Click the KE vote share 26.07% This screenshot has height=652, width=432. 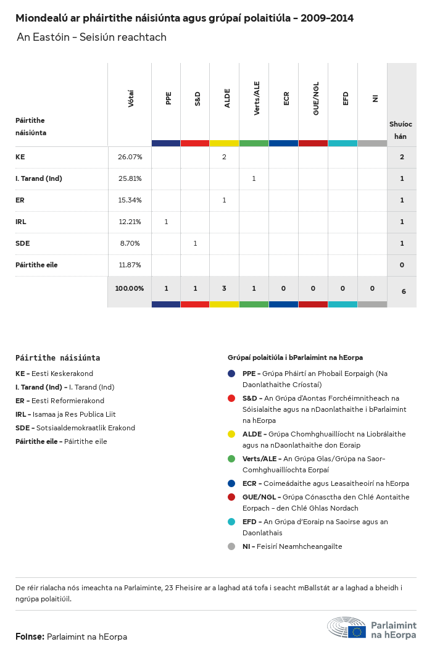pyautogui.click(x=130, y=157)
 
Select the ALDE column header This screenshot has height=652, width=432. pyautogui.click(x=227, y=98)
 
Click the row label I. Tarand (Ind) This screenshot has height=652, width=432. pyautogui.click(x=39, y=178)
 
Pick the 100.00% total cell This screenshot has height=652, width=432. pyautogui.click(x=130, y=288)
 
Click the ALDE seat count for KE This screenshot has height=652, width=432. pyautogui.click(x=224, y=157)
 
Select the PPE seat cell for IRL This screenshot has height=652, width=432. pyautogui.click(x=166, y=222)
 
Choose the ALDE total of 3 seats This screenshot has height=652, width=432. pyautogui.click(x=224, y=288)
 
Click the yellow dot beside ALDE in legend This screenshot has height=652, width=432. pyautogui.click(x=231, y=434)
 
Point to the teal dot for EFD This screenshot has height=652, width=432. pyautogui.click(x=231, y=522)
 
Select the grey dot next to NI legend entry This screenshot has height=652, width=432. pyautogui.click(x=231, y=546)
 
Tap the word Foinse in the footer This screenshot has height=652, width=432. pyautogui.click(x=30, y=637)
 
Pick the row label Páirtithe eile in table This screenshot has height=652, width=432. pyautogui.click(x=36, y=265)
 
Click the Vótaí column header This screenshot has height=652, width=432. pyautogui.click(x=131, y=98)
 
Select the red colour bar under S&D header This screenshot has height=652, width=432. pyautogui.click(x=195, y=143)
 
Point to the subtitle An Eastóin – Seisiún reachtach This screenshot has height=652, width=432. pyautogui.click(x=92, y=38)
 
